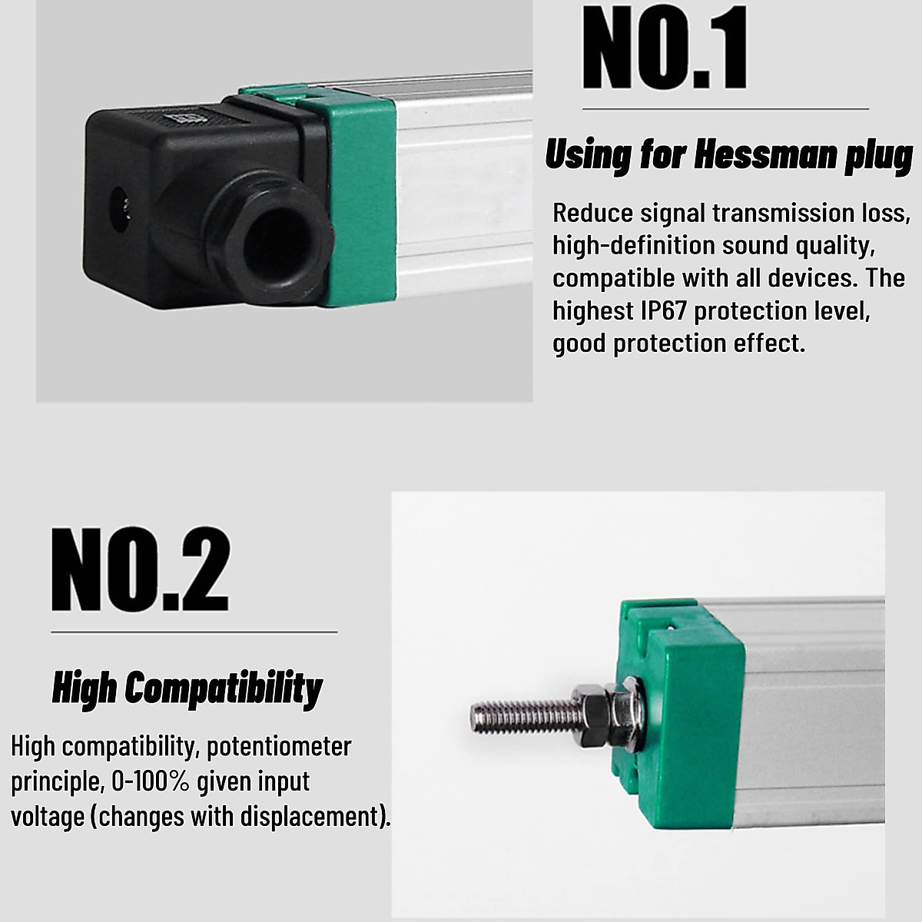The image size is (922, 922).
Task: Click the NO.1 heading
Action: tap(665, 48)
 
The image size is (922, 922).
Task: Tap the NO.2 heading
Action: tap(141, 569)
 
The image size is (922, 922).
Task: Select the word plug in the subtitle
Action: tap(879, 156)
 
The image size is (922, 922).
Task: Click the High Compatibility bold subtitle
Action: tap(187, 688)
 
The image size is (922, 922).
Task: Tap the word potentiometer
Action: tap(279, 746)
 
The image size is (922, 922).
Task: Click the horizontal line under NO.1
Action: tap(725, 109)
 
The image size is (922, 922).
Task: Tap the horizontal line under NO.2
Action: tap(194, 632)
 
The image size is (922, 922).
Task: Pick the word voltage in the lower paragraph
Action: tap(47, 816)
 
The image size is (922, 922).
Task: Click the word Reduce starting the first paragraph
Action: tap(592, 213)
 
